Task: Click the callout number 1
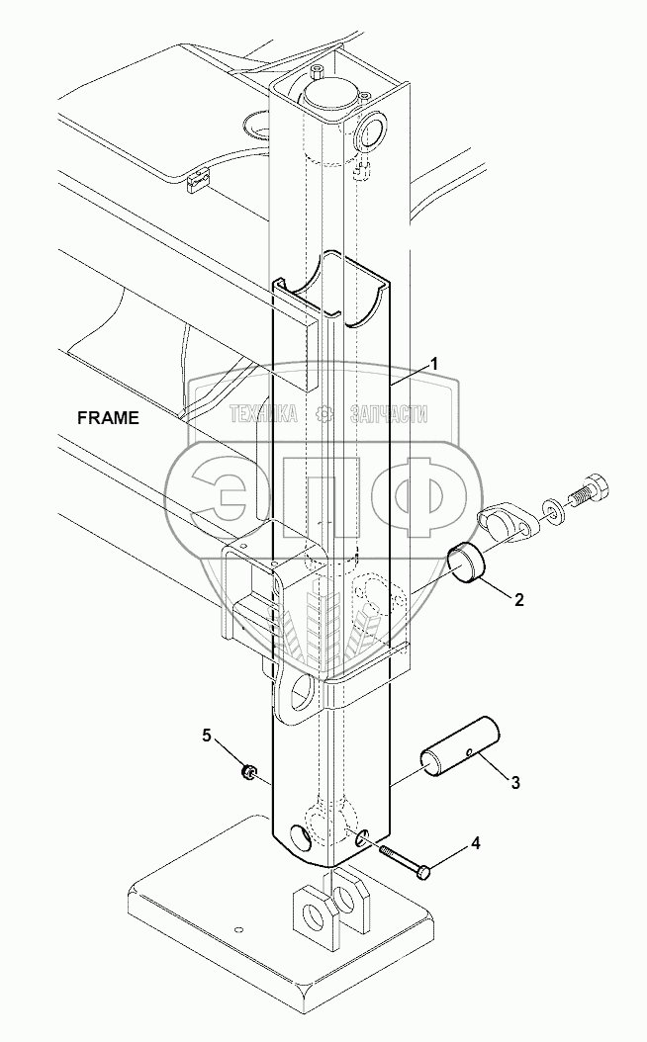[x=433, y=365]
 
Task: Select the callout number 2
[x=518, y=599]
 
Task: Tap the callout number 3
[x=514, y=782]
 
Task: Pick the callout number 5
[x=207, y=736]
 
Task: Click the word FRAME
[x=109, y=418]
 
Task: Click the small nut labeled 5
[x=247, y=772]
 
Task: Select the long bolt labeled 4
[x=404, y=860]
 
